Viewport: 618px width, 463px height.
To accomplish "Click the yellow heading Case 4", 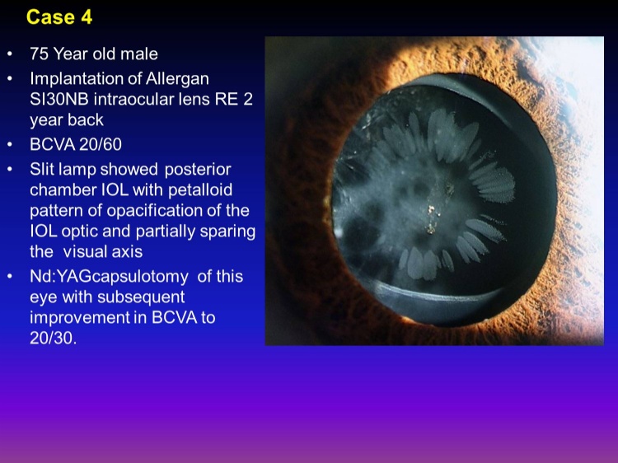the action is [x=59, y=17].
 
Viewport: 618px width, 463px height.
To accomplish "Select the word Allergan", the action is [x=177, y=79].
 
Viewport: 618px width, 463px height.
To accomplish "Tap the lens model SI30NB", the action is [x=59, y=100].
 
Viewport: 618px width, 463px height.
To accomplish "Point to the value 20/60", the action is [x=100, y=145].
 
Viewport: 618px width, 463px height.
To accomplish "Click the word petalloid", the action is [x=200, y=190].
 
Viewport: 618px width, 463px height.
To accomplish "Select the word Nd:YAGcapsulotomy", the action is [x=109, y=277].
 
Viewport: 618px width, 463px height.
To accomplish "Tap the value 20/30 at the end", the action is [x=53, y=338].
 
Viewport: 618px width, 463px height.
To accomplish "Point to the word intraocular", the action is [x=130, y=100].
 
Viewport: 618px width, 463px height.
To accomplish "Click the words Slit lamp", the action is [x=63, y=170].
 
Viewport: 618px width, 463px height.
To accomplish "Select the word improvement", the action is [x=80, y=318].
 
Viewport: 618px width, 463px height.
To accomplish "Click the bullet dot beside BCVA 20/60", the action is [x=10, y=145].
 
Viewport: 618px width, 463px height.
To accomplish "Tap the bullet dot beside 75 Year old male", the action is [x=10, y=54].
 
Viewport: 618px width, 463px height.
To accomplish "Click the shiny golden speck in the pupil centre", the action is [x=431, y=209].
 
